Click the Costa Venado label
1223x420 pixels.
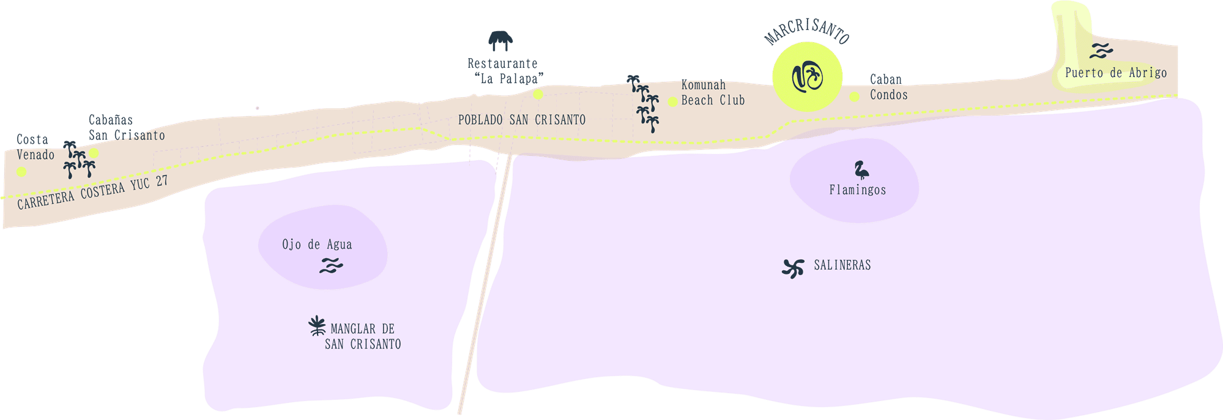point(35,147)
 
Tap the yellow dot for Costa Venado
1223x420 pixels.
point(21,172)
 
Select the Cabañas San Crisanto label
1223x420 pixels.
point(127,128)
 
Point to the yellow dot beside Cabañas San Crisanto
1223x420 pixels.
point(94,153)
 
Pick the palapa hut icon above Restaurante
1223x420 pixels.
point(500,41)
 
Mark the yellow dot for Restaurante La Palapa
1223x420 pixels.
point(538,94)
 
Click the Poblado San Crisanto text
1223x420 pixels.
point(522,120)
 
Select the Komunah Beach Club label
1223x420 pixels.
point(713,92)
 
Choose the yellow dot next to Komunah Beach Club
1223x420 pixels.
point(672,101)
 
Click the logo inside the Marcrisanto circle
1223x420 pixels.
point(807,77)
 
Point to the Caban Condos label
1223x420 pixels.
point(888,87)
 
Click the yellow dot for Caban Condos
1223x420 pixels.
point(855,97)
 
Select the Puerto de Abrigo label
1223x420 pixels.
point(1116,73)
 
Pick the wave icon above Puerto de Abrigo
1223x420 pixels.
point(1101,50)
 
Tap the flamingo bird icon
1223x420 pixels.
point(861,169)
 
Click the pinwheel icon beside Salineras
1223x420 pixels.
point(794,268)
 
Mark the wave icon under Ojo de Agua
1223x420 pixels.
point(331,265)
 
